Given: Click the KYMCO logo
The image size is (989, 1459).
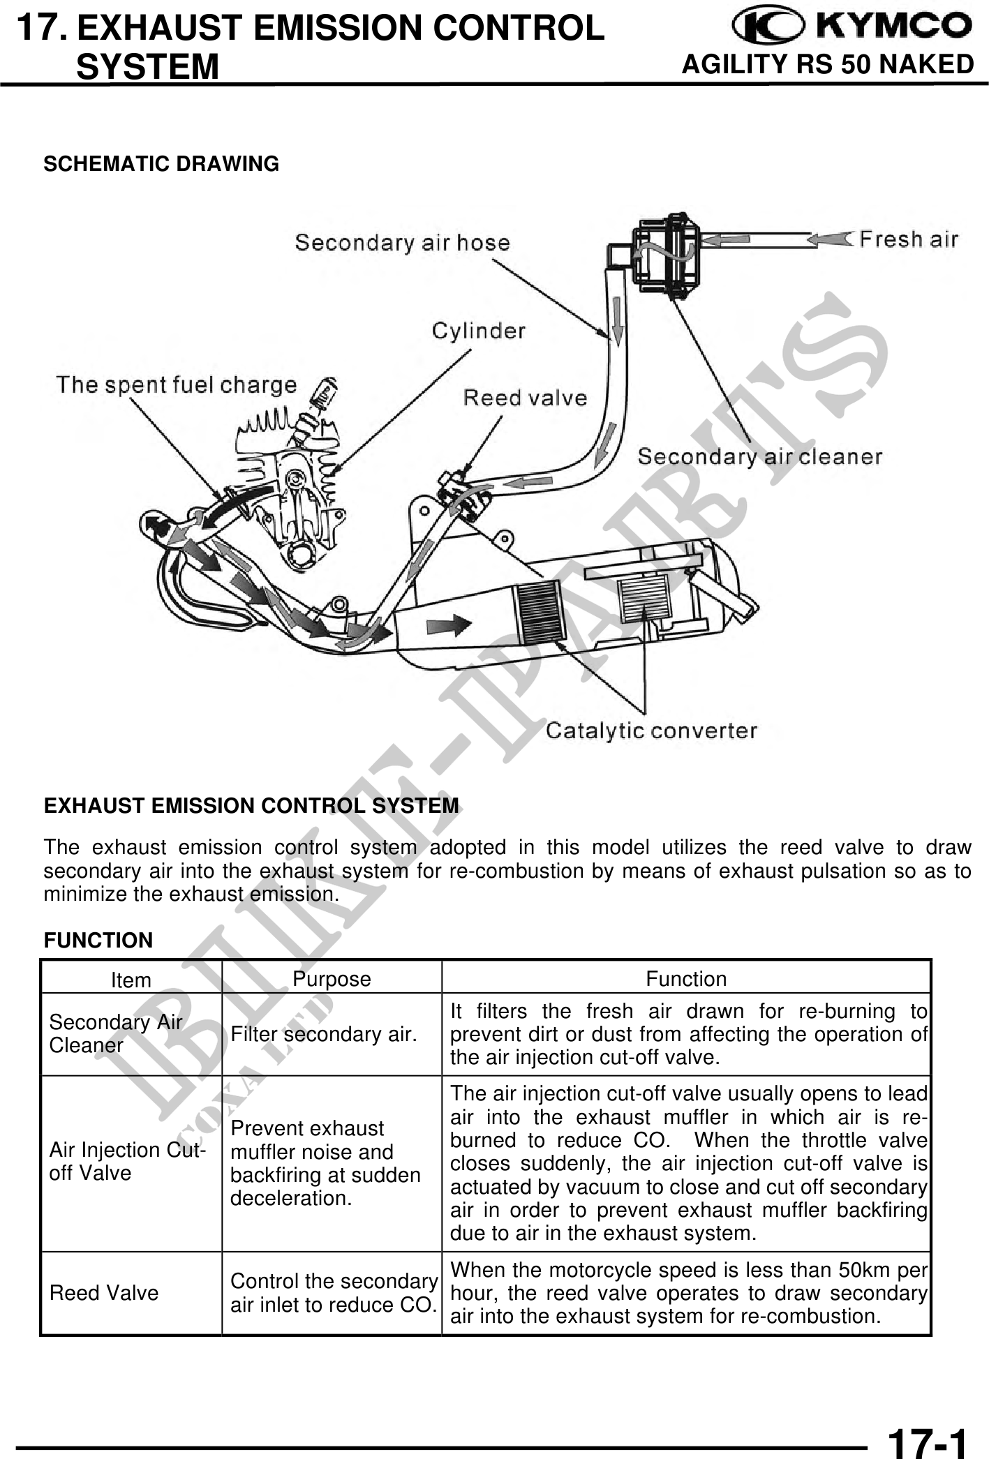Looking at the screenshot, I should tap(851, 27).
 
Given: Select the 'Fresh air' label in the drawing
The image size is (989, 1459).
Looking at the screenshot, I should tap(908, 240).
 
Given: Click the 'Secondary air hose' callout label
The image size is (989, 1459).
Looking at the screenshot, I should tap(402, 243).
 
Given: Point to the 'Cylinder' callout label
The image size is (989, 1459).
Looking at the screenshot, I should tap(478, 331).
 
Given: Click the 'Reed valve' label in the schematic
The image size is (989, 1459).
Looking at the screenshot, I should tap(525, 398).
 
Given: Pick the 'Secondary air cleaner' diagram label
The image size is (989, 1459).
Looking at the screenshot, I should tap(759, 457).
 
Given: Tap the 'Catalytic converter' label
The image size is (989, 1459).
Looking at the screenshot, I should tap(651, 731).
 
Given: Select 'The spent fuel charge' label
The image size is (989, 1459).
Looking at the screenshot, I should tap(176, 384).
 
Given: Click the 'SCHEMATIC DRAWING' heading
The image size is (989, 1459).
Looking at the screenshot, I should tap(161, 164).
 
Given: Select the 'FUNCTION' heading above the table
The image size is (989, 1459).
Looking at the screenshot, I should tap(98, 940).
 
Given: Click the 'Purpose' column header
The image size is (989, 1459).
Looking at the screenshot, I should tap(332, 979).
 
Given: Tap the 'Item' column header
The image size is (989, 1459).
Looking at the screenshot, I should tap(131, 980).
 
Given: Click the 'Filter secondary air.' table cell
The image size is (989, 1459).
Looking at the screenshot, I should tap(323, 1034).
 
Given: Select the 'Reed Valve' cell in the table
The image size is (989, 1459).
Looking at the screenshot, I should tap(104, 1293).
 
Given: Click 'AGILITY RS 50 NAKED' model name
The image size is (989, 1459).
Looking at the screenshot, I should tap(827, 64).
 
